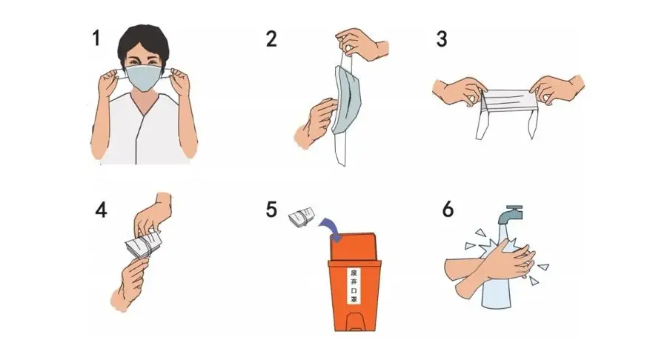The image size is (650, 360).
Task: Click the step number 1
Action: coord(96,38)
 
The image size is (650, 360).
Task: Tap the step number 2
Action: coord(271,39)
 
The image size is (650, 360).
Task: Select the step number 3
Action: coord(442,39)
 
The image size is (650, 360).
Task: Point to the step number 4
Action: coord(101,210)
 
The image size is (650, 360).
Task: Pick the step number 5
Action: coord(271,210)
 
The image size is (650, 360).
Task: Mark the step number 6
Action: coord(448,209)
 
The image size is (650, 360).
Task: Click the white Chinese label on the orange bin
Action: coord(354,285)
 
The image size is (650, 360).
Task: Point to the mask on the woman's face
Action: coord(144,78)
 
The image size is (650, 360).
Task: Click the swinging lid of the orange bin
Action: coord(355,247)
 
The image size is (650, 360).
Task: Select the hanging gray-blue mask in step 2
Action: coord(347,100)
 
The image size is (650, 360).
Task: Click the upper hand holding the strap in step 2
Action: coord(362,44)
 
